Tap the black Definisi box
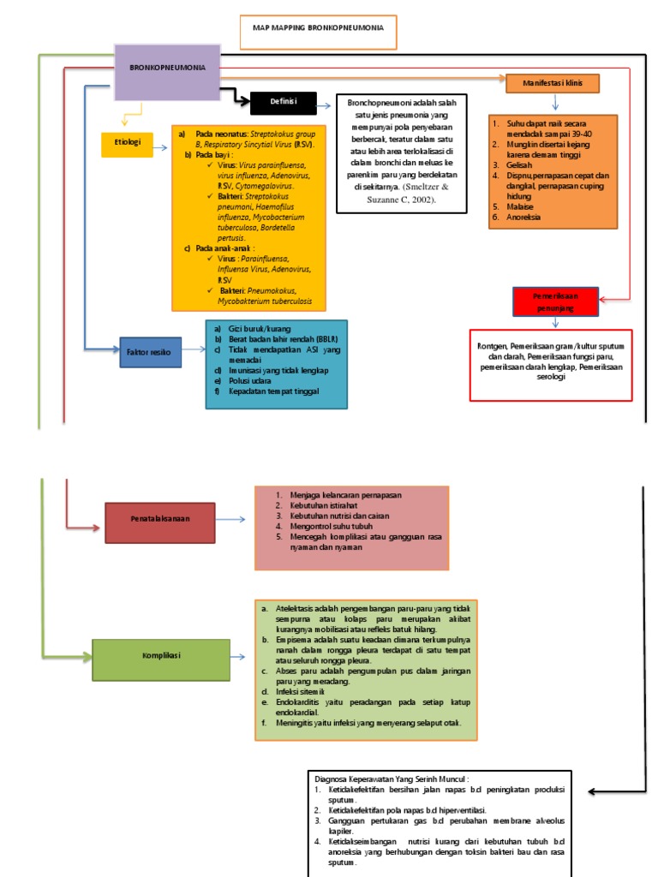pyautogui.click(x=283, y=103)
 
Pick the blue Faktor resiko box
pyautogui.click(x=150, y=352)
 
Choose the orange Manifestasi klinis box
pyautogui.click(x=551, y=83)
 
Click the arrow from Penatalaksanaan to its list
pyautogui.click(x=235, y=520)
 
